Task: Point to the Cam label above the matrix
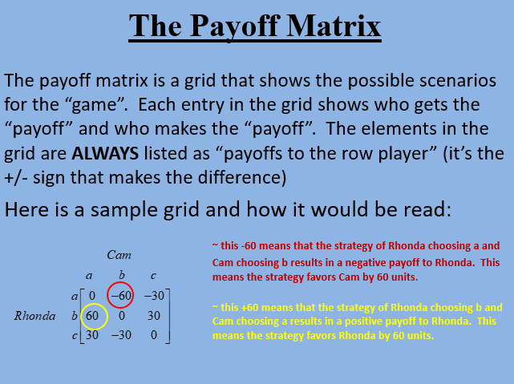[120, 254]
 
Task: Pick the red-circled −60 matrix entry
[121, 296]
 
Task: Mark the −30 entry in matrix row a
[154, 296]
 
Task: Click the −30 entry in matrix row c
[121, 335]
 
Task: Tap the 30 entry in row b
[155, 316]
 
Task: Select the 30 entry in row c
[91, 335]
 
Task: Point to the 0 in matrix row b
[123, 316]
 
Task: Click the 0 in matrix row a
[91, 296]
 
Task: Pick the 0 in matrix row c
[156, 335]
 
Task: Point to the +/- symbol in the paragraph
[18, 174]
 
